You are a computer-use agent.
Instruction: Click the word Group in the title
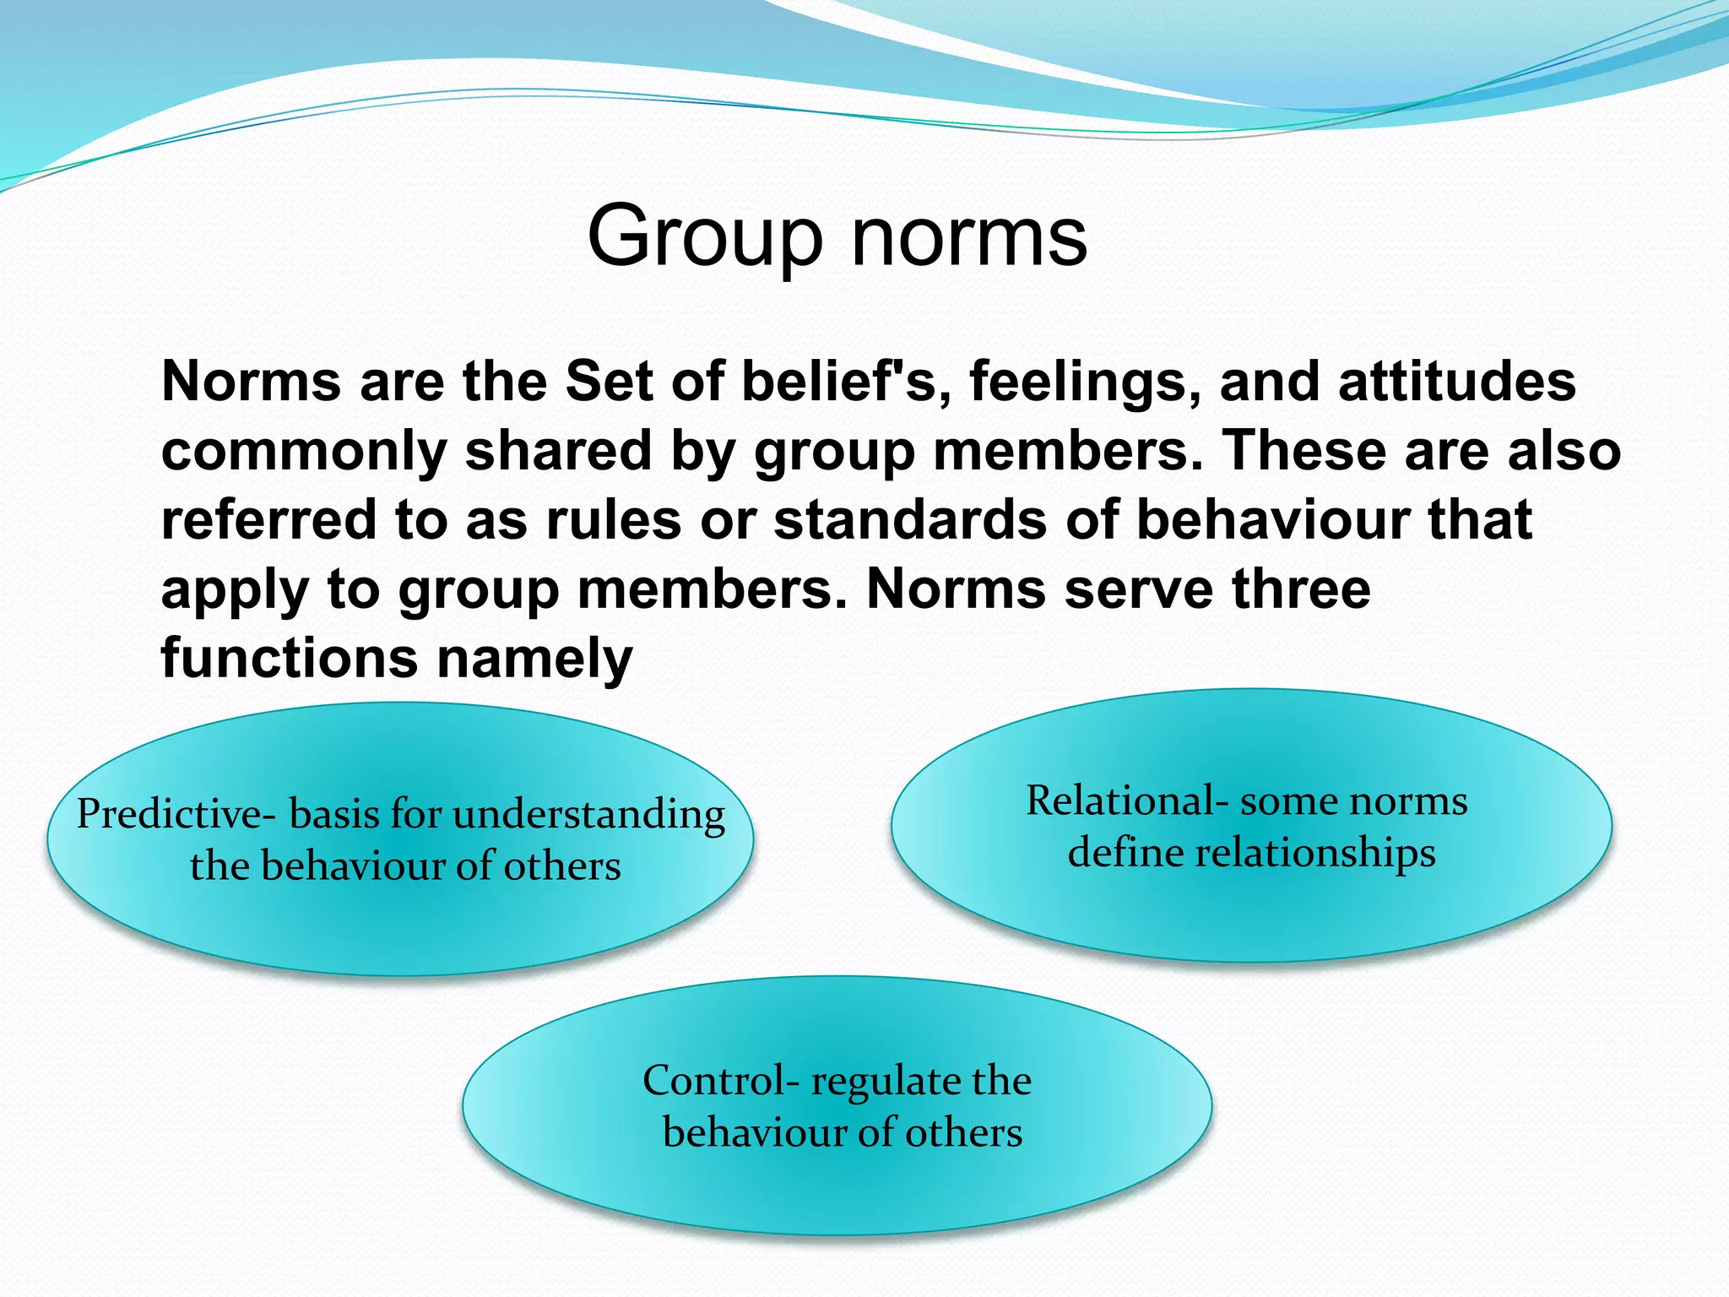point(704,238)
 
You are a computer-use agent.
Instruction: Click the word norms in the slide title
point(969,238)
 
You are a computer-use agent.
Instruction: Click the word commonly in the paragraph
point(303,451)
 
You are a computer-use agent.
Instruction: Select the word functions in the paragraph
point(290,658)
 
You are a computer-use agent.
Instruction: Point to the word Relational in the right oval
point(1119,800)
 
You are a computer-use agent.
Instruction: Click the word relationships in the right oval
point(1315,854)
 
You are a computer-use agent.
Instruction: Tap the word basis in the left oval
point(334,815)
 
